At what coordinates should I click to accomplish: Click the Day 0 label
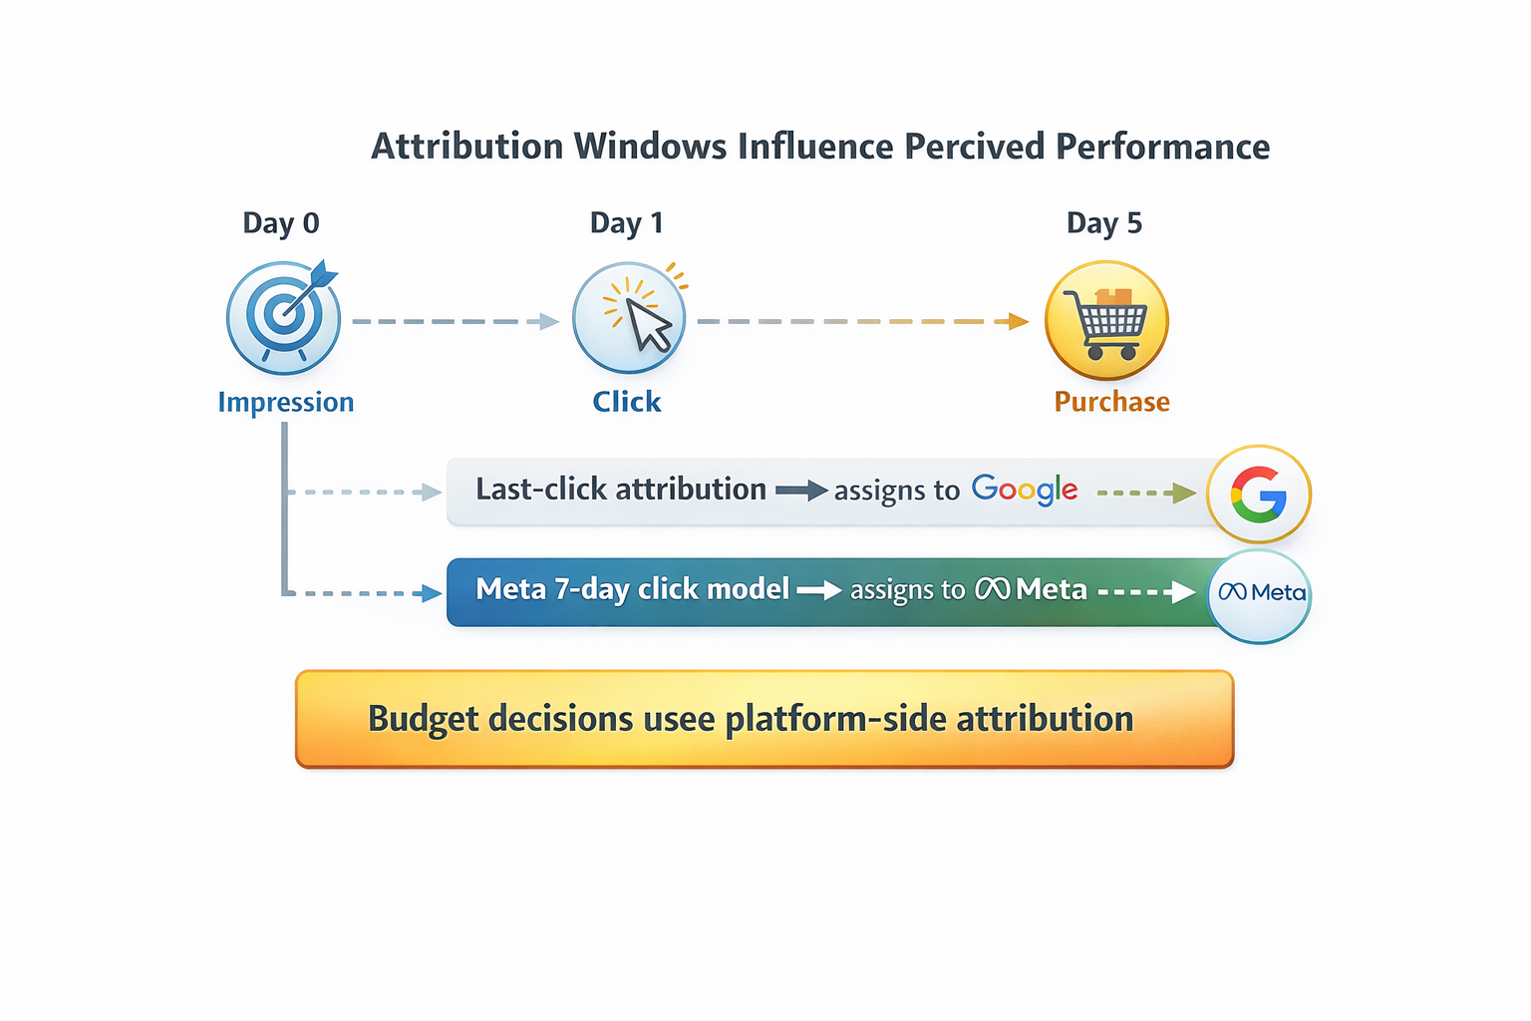281,223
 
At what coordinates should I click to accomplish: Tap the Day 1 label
626,223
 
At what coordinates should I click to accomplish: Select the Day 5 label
1103,223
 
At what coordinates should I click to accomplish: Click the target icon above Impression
284,317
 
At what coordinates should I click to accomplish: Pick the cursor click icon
630,317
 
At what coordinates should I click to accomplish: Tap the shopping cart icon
1106,320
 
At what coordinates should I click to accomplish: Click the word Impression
286,402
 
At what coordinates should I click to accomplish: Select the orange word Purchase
1111,402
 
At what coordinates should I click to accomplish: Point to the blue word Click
626,402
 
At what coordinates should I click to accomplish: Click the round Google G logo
1258,494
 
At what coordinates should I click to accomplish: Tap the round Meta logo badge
1260,593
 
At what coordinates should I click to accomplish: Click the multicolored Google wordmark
1025,490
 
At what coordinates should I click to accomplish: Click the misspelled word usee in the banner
681,719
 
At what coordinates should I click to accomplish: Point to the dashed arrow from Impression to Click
456,321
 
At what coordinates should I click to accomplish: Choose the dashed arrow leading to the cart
862,321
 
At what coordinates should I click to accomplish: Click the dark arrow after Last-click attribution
801,490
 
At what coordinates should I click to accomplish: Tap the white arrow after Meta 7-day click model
819,590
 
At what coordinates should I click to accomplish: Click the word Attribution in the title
466,148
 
